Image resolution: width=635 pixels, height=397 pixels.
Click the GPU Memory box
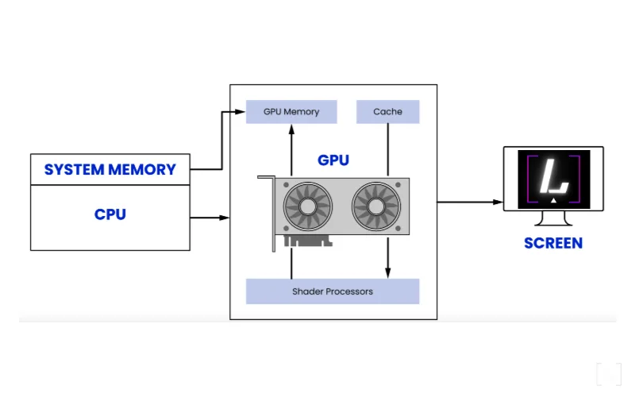[291, 112]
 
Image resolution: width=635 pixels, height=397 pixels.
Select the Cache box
[388, 112]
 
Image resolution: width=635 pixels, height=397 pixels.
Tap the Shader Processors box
[333, 291]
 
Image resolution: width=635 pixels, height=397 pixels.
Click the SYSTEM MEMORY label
[110, 170]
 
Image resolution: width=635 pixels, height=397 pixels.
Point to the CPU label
[110, 214]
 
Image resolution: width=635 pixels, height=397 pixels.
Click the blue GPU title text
[333, 160]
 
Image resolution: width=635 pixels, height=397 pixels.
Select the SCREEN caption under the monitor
[553, 243]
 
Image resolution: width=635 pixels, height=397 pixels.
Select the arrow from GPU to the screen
[468, 202]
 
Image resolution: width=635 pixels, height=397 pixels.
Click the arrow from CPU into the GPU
[210, 217]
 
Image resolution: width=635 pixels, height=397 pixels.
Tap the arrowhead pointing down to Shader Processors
[388, 273]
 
